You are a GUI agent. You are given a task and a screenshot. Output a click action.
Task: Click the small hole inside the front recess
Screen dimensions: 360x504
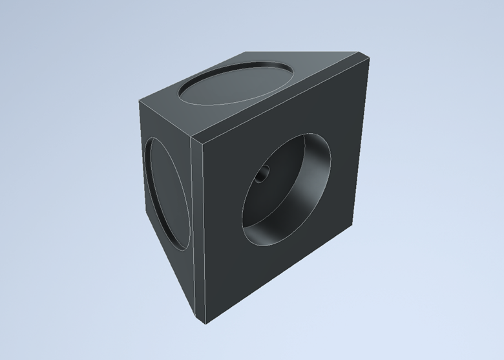[x=263, y=175]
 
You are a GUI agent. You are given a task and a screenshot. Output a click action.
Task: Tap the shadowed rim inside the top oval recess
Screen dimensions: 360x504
[x=213, y=81]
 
